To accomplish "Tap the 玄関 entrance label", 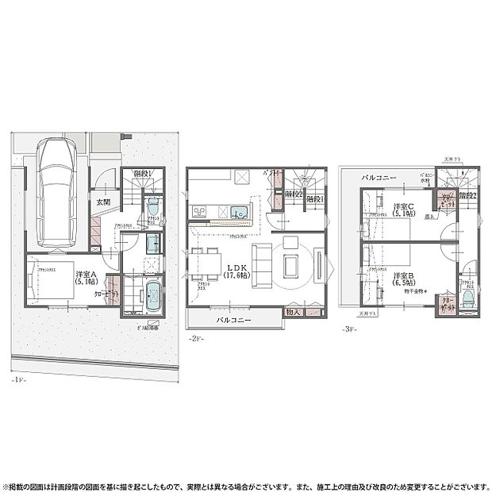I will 104,202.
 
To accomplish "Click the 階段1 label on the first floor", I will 143,173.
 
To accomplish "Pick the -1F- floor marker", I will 20,379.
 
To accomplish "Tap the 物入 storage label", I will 293,313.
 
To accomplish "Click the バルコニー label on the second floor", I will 234,320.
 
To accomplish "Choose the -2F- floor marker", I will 196,340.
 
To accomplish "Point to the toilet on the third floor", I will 468,298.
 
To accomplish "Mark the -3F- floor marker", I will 350,329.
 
